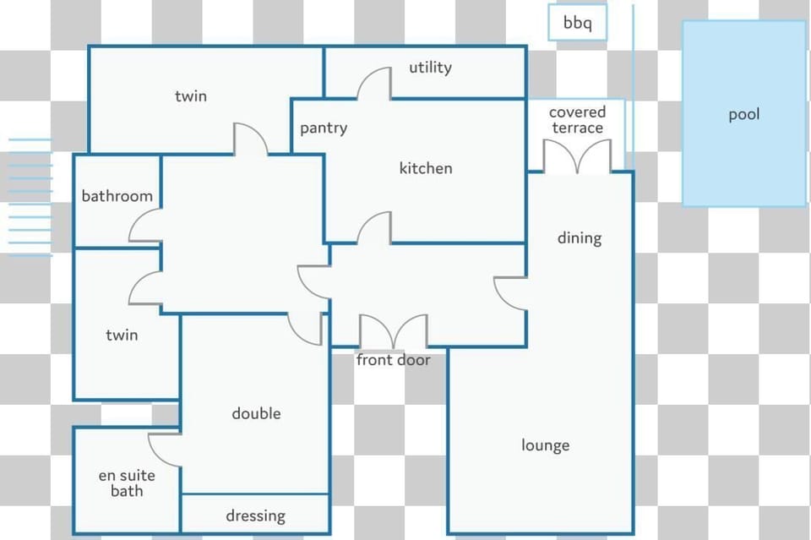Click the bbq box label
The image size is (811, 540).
(x=577, y=23)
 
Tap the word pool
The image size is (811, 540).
(x=743, y=114)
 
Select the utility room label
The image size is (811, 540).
(x=430, y=68)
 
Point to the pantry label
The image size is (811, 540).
(x=324, y=128)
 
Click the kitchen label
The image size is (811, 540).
(x=426, y=168)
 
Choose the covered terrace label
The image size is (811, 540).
(x=577, y=120)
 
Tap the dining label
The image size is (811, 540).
(x=580, y=238)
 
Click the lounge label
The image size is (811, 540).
(x=545, y=445)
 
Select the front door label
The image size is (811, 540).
(x=393, y=360)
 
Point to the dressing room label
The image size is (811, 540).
(x=255, y=515)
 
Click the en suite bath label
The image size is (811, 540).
(x=127, y=483)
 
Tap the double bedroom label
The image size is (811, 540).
(x=256, y=413)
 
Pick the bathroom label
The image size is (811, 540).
(x=117, y=196)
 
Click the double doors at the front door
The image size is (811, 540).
(x=394, y=331)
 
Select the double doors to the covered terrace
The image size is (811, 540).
(x=577, y=156)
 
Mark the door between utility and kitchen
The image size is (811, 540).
(x=374, y=83)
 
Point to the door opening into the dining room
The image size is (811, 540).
(x=510, y=294)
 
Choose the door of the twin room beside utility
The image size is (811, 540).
(x=251, y=139)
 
